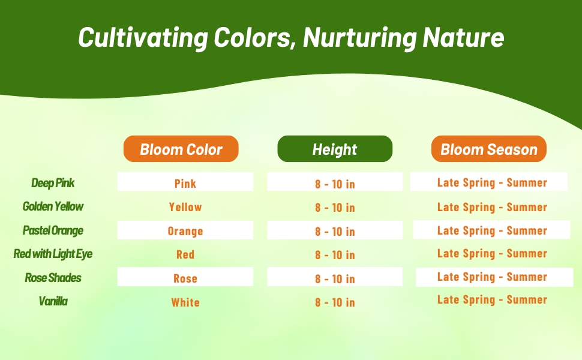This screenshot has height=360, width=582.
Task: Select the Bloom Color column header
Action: pos(181,149)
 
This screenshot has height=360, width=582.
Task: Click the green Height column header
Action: pos(335,149)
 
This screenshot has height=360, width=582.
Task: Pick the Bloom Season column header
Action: pos(489,149)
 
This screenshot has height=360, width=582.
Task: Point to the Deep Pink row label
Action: pos(53,183)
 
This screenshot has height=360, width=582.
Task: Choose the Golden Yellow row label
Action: pos(53,206)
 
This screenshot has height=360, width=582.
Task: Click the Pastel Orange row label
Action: pos(53,230)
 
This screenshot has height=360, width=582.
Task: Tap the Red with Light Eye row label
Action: pos(53,254)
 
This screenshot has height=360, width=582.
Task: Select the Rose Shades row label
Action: pos(53,278)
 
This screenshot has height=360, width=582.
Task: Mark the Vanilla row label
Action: pos(53,301)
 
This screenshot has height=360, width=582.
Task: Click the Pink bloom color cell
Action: pos(185,183)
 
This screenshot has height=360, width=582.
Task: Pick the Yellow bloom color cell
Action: pos(185,207)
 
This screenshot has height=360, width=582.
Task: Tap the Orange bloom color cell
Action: pos(185,231)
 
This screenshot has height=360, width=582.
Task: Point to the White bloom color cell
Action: pos(185,302)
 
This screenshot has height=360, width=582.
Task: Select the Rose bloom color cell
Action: pos(185,278)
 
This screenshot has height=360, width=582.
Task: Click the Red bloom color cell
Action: pos(185,254)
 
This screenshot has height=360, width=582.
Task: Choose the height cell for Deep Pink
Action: pos(335,184)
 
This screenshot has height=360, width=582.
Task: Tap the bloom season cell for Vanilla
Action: pos(492,300)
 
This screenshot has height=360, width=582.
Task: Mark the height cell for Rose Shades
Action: pos(335,278)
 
